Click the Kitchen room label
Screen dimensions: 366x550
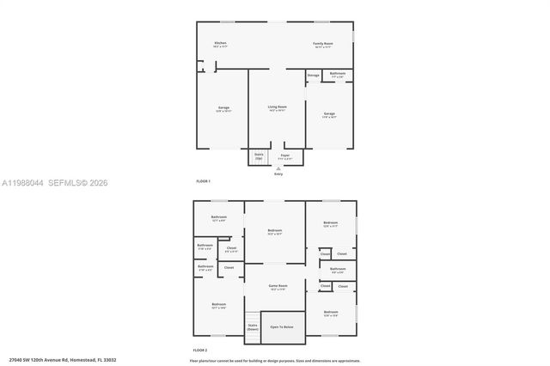(x=221, y=43)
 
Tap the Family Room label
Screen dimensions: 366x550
(x=323, y=43)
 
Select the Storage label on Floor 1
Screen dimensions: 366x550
(x=314, y=76)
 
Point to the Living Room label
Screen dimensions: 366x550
(x=277, y=107)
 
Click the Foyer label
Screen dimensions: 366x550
(x=284, y=156)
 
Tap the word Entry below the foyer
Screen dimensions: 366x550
(x=278, y=174)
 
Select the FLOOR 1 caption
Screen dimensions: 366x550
(x=203, y=181)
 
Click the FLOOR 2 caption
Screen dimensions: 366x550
(x=200, y=351)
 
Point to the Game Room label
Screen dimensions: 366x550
(x=278, y=285)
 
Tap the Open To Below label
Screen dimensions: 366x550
(x=282, y=327)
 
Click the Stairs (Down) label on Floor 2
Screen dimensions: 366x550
(x=253, y=326)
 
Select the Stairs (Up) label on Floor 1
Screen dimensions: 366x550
(x=258, y=156)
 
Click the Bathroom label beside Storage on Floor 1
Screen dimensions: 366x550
(x=338, y=74)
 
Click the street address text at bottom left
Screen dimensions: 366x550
(x=62, y=360)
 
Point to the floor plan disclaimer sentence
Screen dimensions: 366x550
(x=275, y=360)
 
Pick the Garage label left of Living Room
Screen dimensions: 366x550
(x=223, y=108)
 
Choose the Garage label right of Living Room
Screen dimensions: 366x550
(x=329, y=113)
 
